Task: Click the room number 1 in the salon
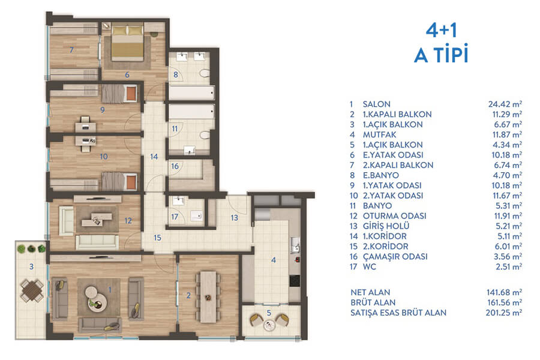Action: coord(110,290)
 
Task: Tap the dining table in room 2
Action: coord(208,297)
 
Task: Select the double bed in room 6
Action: coord(127,41)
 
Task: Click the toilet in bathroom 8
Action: coord(205,74)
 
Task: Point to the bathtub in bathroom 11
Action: coord(191,112)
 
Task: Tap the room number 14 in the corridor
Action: coord(154,157)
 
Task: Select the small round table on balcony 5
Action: coord(269,325)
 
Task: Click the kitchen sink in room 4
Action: coord(295,245)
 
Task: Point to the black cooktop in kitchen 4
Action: coord(295,280)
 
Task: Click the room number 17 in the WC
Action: coord(175,217)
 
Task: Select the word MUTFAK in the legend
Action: coord(380,134)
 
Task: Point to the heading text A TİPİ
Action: coord(442,54)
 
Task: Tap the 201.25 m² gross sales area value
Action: coord(504,313)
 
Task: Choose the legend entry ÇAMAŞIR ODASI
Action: coord(395,257)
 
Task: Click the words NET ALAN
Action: coord(370,292)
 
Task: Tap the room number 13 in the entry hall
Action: coord(234,218)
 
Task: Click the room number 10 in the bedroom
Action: coord(104,157)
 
